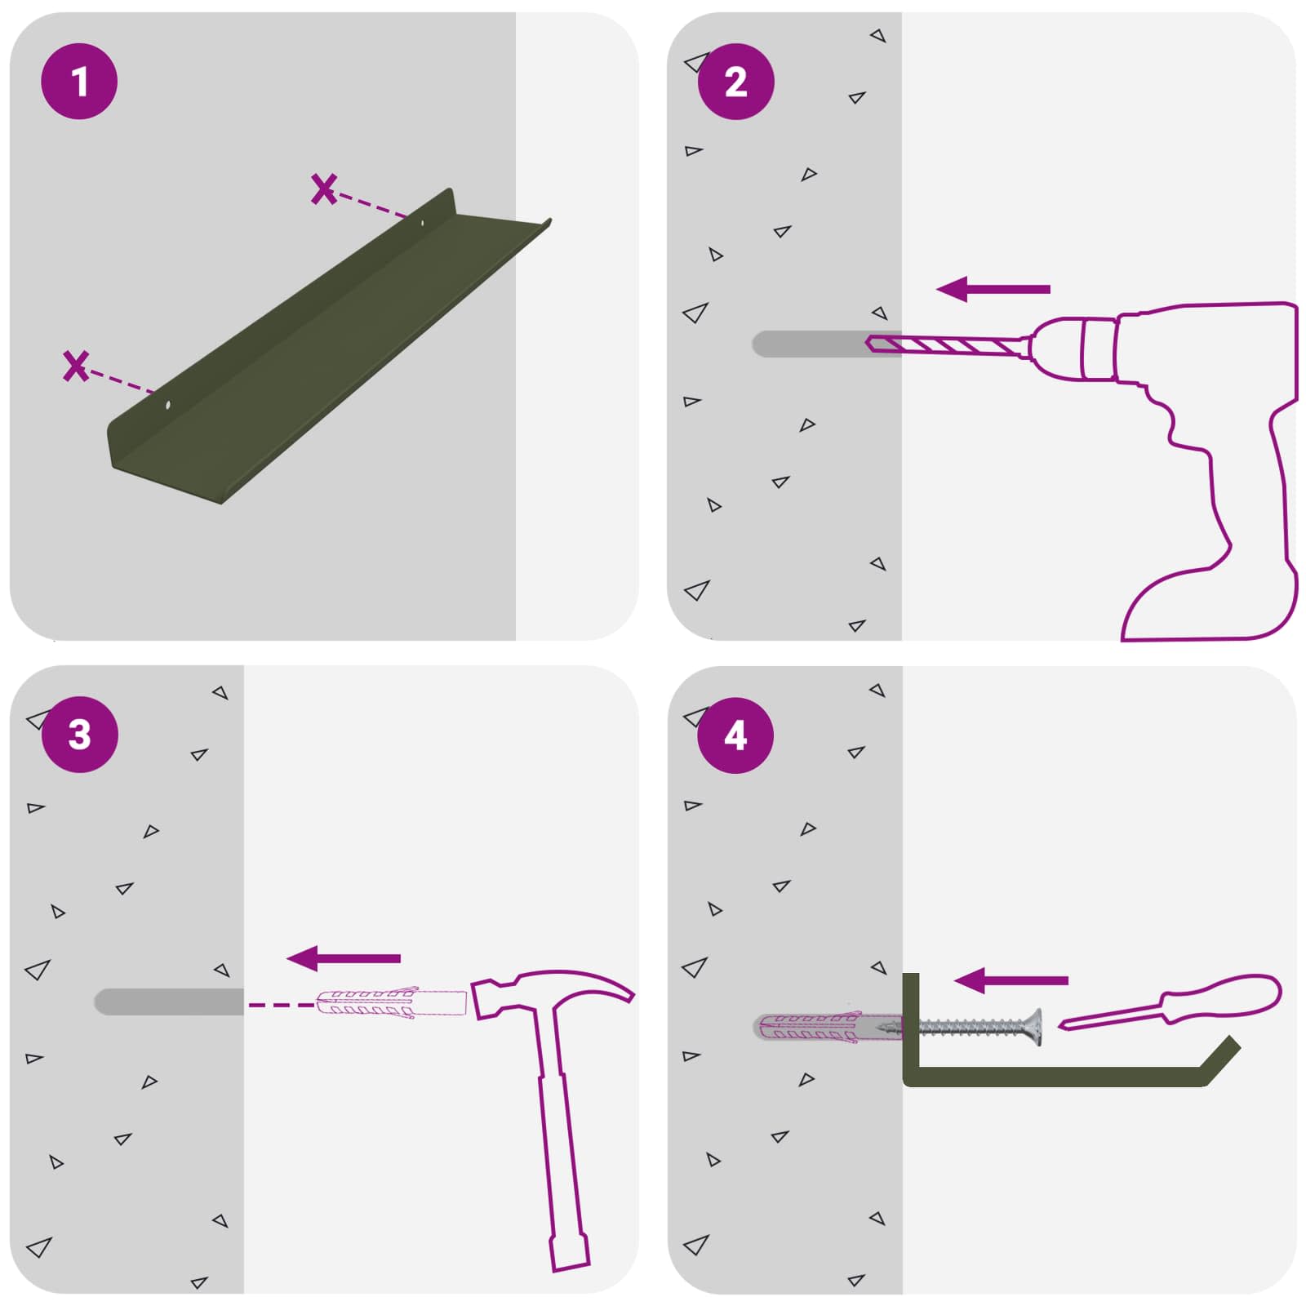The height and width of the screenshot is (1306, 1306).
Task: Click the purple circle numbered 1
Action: [x=79, y=82]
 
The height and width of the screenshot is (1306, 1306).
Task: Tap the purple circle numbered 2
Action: [x=735, y=82]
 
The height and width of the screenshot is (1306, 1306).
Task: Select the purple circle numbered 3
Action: [x=79, y=735]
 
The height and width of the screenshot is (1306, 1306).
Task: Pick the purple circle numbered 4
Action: [x=735, y=735]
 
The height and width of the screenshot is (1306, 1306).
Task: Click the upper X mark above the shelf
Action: [x=324, y=189]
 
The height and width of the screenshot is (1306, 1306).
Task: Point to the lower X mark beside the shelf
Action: [x=76, y=366]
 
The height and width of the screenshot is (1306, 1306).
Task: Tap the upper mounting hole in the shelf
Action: [x=422, y=222]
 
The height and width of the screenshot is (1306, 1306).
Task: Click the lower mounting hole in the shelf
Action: [x=168, y=404]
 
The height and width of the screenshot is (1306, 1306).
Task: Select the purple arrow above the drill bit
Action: [x=993, y=289]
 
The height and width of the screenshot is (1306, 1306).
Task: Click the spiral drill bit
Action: [x=947, y=345]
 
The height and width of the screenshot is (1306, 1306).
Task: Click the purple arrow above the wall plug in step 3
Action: [x=344, y=958]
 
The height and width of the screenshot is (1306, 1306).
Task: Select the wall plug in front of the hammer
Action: [x=391, y=1002]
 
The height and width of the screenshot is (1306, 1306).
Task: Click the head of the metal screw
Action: [x=1034, y=1028]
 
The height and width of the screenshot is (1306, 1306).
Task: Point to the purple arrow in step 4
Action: [x=1011, y=980]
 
